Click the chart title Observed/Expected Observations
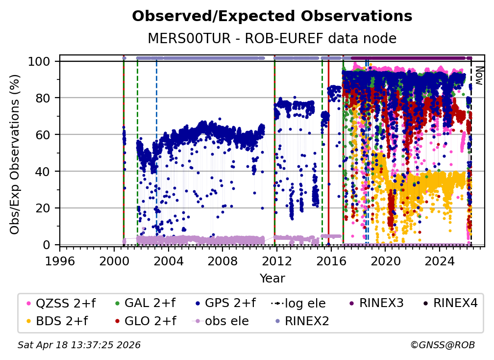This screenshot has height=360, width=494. click(x=272, y=16)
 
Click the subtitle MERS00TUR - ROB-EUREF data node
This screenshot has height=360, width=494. click(x=272, y=38)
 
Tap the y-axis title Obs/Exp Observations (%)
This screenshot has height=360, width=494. click(x=15, y=154)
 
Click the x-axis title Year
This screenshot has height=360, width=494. click(x=272, y=279)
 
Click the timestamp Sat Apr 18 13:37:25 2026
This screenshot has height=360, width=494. click(x=79, y=345)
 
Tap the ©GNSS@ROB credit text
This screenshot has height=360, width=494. click(x=443, y=345)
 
